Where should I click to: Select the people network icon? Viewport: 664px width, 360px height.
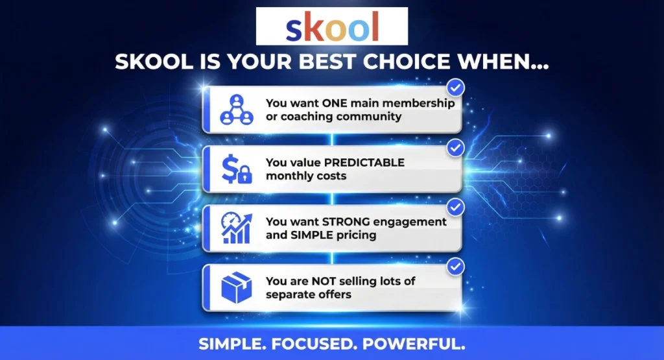click(236, 110)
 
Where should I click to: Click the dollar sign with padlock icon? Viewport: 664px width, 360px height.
click(236, 169)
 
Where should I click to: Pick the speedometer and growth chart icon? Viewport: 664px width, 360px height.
click(236, 228)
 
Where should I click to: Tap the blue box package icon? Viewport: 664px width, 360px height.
click(236, 287)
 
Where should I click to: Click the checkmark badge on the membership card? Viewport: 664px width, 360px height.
click(456, 88)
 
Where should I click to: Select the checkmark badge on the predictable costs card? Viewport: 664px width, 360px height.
click(456, 148)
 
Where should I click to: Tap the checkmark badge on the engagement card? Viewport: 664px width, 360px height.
click(456, 207)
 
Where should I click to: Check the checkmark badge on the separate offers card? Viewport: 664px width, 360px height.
click(456, 266)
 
